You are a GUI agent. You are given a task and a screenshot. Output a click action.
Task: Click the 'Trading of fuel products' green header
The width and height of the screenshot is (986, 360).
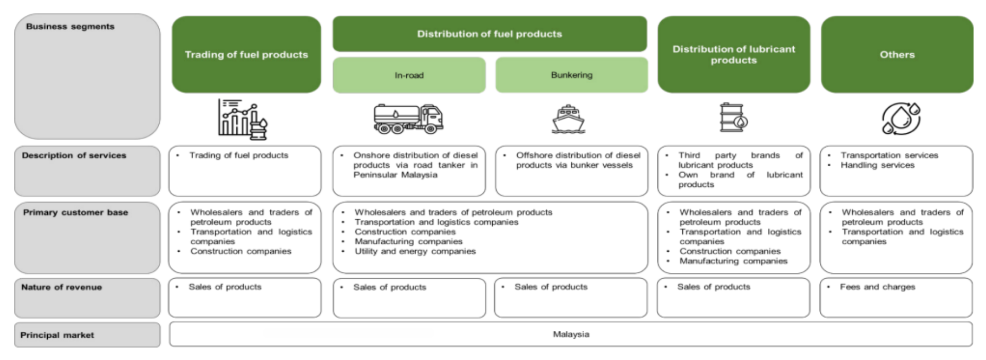(x=246, y=55)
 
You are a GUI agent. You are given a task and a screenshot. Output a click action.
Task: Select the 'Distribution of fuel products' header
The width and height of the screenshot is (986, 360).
(x=489, y=34)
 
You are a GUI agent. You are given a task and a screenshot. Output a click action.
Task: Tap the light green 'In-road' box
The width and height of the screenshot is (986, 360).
(x=409, y=75)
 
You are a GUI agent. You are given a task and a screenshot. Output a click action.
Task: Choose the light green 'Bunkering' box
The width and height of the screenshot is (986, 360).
(x=571, y=75)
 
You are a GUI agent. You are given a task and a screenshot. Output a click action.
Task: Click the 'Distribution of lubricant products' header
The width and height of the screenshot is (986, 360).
(x=734, y=55)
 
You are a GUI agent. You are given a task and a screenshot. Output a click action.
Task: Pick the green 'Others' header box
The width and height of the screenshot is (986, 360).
(x=897, y=55)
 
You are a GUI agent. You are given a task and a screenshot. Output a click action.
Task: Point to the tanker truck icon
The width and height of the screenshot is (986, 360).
(x=408, y=118)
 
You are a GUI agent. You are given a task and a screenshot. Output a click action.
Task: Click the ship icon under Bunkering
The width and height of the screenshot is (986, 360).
(x=568, y=119)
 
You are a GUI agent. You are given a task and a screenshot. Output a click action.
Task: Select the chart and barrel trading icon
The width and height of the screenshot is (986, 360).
(x=242, y=119)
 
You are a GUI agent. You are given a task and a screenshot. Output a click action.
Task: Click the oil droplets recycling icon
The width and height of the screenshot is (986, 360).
(x=901, y=118)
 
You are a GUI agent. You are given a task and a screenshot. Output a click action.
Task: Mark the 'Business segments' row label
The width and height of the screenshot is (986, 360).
(x=70, y=27)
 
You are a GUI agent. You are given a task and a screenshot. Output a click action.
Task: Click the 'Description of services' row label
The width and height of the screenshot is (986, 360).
(x=74, y=156)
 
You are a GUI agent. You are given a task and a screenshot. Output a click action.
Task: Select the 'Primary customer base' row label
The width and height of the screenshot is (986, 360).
(x=75, y=212)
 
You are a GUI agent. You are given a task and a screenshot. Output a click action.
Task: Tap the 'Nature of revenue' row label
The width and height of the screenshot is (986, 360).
(x=62, y=287)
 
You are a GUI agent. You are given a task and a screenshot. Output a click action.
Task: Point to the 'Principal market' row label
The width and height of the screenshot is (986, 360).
(x=57, y=335)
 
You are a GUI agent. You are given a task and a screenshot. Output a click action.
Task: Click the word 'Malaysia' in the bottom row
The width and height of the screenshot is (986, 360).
(x=571, y=335)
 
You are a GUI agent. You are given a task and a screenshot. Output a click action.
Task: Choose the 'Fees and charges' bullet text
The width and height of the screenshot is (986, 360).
(x=877, y=287)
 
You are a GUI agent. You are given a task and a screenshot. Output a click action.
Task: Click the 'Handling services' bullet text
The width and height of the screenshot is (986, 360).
(x=877, y=165)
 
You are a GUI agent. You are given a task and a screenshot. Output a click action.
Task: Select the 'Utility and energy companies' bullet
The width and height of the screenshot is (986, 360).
(x=415, y=251)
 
